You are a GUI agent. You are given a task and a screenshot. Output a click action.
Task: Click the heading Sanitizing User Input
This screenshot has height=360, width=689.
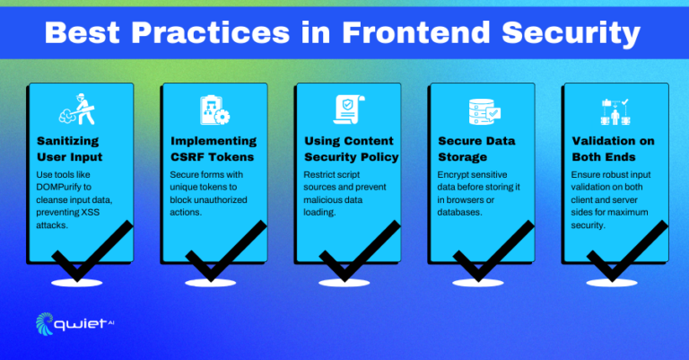click(x=72, y=150)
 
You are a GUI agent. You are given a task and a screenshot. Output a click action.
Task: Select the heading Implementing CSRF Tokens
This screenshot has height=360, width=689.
click(x=214, y=150)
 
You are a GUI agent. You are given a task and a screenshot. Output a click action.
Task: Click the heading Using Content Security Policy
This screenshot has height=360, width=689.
click(x=347, y=150)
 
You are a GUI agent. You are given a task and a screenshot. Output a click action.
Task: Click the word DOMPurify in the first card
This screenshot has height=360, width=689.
click(x=65, y=187)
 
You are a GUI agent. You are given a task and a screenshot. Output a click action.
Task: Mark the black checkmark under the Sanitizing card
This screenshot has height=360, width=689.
click(x=85, y=253)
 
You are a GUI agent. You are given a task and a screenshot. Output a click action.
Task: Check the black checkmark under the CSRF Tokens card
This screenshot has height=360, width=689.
click(x=221, y=253)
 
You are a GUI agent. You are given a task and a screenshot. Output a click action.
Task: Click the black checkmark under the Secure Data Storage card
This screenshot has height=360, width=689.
click(x=488, y=253)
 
